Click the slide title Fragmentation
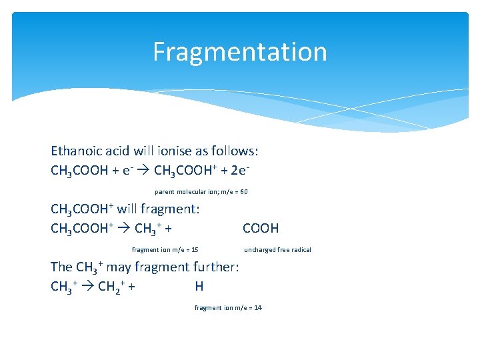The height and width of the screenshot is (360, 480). click(x=240, y=52)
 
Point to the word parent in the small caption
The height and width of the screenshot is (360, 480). click(x=165, y=191)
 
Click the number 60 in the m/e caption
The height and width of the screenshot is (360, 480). click(x=243, y=191)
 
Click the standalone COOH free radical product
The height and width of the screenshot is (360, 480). click(x=261, y=229)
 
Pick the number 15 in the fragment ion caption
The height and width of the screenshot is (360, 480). click(x=195, y=249)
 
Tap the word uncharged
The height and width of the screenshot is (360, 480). click(x=259, y=249)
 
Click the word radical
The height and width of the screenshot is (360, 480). click(x=301, y=249)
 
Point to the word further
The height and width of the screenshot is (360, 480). click(x=215, y=267)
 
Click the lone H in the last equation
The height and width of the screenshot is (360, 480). click(x=199, y=287)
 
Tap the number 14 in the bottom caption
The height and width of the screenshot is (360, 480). click(x=258, y=307)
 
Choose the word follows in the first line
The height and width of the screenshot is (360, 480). click(x=244, y=151)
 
